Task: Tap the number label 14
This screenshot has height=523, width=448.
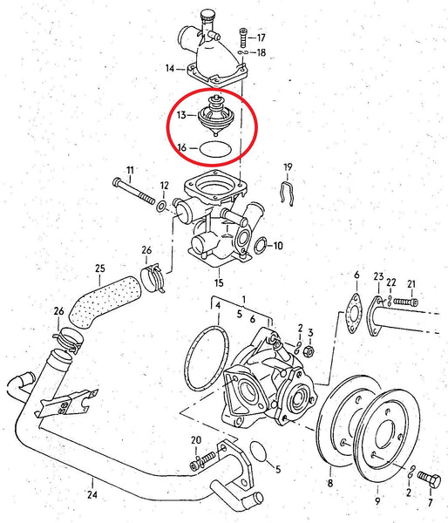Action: coord(169,67)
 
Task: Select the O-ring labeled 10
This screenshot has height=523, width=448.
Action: coord(261,245)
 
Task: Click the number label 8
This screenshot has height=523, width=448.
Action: coord(330,482)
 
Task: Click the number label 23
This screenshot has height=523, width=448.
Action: coord(377,277)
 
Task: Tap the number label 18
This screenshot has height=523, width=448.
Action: coord(261,53)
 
